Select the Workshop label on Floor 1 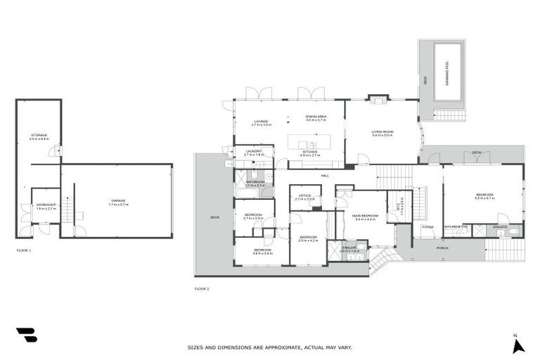point(46,205)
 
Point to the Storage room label point(39,135)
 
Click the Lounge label point(261,122)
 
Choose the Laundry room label point(253,151)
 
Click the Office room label point(304,197)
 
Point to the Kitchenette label point(456,226)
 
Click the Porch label point(442,247)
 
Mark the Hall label point(326,175)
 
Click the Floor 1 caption point(24,250)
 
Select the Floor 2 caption point(202,288)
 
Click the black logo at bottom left point(26,335)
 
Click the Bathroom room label point(255,183)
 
